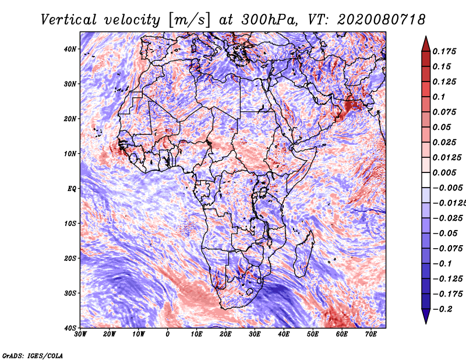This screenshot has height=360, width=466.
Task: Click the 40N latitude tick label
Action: point(70,49)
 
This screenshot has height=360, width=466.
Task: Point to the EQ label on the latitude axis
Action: point(72,189)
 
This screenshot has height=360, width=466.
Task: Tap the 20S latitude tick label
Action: point(70,258)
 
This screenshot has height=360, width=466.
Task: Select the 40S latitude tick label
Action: point(70,328)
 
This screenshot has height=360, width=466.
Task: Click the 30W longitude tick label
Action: point(80,334)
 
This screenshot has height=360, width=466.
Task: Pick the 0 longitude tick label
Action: point(168,334)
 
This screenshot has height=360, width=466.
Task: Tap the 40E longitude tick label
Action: point(284,334)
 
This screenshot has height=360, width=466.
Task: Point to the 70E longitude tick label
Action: point(371,334)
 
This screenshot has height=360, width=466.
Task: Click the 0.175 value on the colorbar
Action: point(444,51)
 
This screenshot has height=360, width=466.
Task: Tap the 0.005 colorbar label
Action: point(444,172)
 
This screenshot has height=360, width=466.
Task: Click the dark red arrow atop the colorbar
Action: point(426,45)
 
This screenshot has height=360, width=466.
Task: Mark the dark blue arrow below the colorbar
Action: point(426,316)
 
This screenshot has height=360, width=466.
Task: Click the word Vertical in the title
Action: point(69,20)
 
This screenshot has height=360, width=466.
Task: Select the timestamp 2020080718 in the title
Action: point(382,20)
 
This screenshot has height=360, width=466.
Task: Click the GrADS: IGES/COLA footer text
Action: point(33,355)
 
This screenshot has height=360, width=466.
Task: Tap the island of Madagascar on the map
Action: point(303,254)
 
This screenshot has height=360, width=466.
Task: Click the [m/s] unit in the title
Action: point(190,20)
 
